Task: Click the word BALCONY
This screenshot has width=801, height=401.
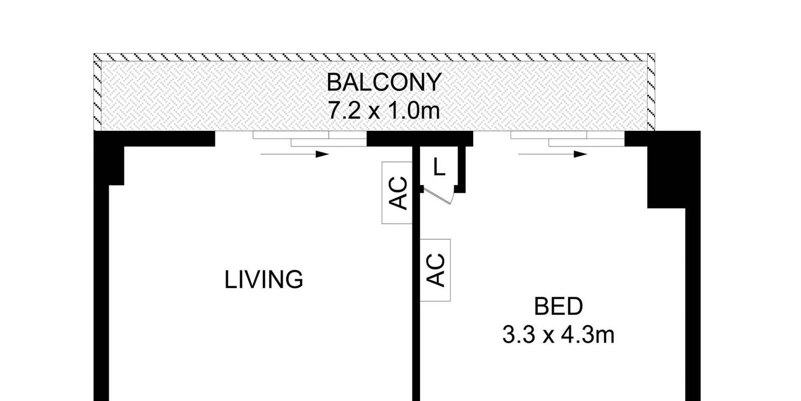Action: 384,82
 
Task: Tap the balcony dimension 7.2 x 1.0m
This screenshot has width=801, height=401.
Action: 384,110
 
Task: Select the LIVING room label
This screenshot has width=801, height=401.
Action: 264,280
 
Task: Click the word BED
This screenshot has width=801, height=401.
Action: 558,306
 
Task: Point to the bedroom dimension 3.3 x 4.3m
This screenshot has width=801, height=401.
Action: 558,335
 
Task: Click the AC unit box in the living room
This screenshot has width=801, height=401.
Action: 397,192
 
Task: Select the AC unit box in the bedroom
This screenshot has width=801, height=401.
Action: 435,270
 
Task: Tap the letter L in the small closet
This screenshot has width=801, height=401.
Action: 439,167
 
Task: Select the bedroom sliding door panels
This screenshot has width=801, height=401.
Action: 568,139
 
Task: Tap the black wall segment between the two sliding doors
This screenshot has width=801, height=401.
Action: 420,138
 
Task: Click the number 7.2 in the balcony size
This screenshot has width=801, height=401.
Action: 344,110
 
